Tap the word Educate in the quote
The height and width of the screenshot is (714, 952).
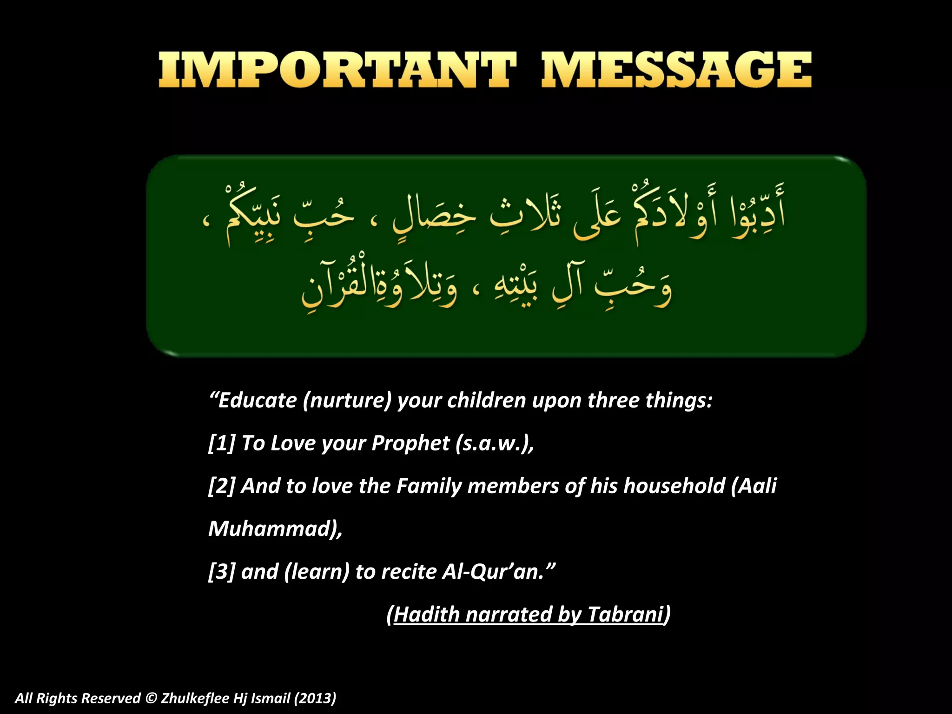point(257,401)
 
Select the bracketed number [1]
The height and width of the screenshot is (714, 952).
point(222,443)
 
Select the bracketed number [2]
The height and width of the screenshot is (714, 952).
point(222,486)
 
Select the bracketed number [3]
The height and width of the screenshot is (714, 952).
point(222,572)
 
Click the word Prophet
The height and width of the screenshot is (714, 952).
point(410,443)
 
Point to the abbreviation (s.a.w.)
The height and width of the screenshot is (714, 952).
point(495,443)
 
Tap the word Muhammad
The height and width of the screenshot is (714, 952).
point(272,529)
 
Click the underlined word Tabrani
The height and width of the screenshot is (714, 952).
point(625,615)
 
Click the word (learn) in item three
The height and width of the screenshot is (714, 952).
point(317,572)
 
